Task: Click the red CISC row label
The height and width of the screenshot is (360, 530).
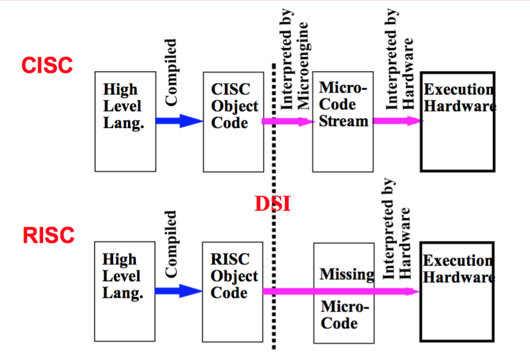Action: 47,65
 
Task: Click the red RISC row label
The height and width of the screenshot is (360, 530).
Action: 48,235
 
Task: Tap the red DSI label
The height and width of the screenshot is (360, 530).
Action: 273,204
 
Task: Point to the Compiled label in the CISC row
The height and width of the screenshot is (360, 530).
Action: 171,72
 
